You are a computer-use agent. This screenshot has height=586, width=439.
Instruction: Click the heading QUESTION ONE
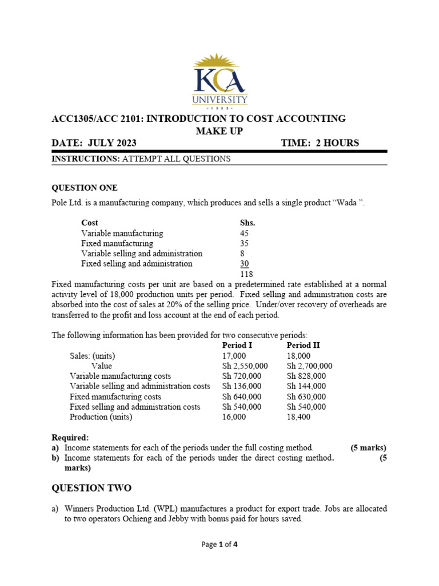tap(85, 188)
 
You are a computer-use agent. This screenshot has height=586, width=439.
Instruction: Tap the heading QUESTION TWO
tap(91, 488)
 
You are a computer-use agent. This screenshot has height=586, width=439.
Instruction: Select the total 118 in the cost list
tap(247, 274)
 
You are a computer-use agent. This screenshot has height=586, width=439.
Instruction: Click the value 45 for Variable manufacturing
tap(245, 233)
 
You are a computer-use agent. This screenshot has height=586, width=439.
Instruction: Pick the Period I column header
tap(237, 345)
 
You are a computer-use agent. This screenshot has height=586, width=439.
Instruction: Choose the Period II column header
tap(303, 345)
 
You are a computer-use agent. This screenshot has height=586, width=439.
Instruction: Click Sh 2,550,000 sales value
tap(245, 366)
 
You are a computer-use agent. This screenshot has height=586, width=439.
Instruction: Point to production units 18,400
tap(300, 417)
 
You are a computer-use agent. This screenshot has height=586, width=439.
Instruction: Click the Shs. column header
tap(248, 223)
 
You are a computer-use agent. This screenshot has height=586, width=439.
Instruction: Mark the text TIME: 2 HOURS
tap(320, 143)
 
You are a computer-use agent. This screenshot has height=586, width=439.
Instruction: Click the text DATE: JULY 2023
tap(94, 143)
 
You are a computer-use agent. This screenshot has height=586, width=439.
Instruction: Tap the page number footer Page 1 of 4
tap(219, 544)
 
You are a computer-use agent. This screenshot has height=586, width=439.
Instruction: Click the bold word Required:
tap(70, 437)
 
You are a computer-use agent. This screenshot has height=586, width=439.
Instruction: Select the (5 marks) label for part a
tap(368, 448)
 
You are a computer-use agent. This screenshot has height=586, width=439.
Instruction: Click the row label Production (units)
tap(101, 417)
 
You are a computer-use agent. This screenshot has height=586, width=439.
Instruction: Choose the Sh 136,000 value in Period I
tap(242, 386)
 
